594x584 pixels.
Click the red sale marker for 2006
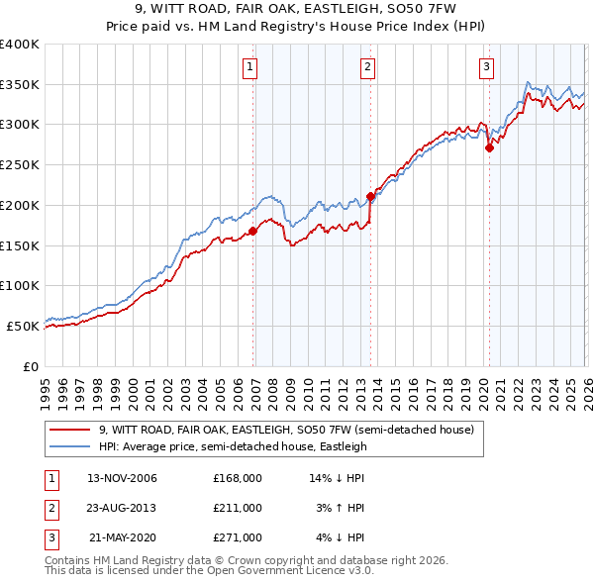tap(252, 231)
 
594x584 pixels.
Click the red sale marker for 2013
tap(370, 196)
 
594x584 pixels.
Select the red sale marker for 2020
tap(489, 148)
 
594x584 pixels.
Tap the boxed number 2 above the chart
tap(367, 67)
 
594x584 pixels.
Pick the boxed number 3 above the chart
tap(487, 67)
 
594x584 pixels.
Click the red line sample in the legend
tap(69, 430)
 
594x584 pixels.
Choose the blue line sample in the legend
tap(69, 446)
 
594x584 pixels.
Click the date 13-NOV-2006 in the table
tap(123, 478)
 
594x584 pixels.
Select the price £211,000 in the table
tap(238, 508)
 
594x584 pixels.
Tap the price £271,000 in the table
tap(238, 537)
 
